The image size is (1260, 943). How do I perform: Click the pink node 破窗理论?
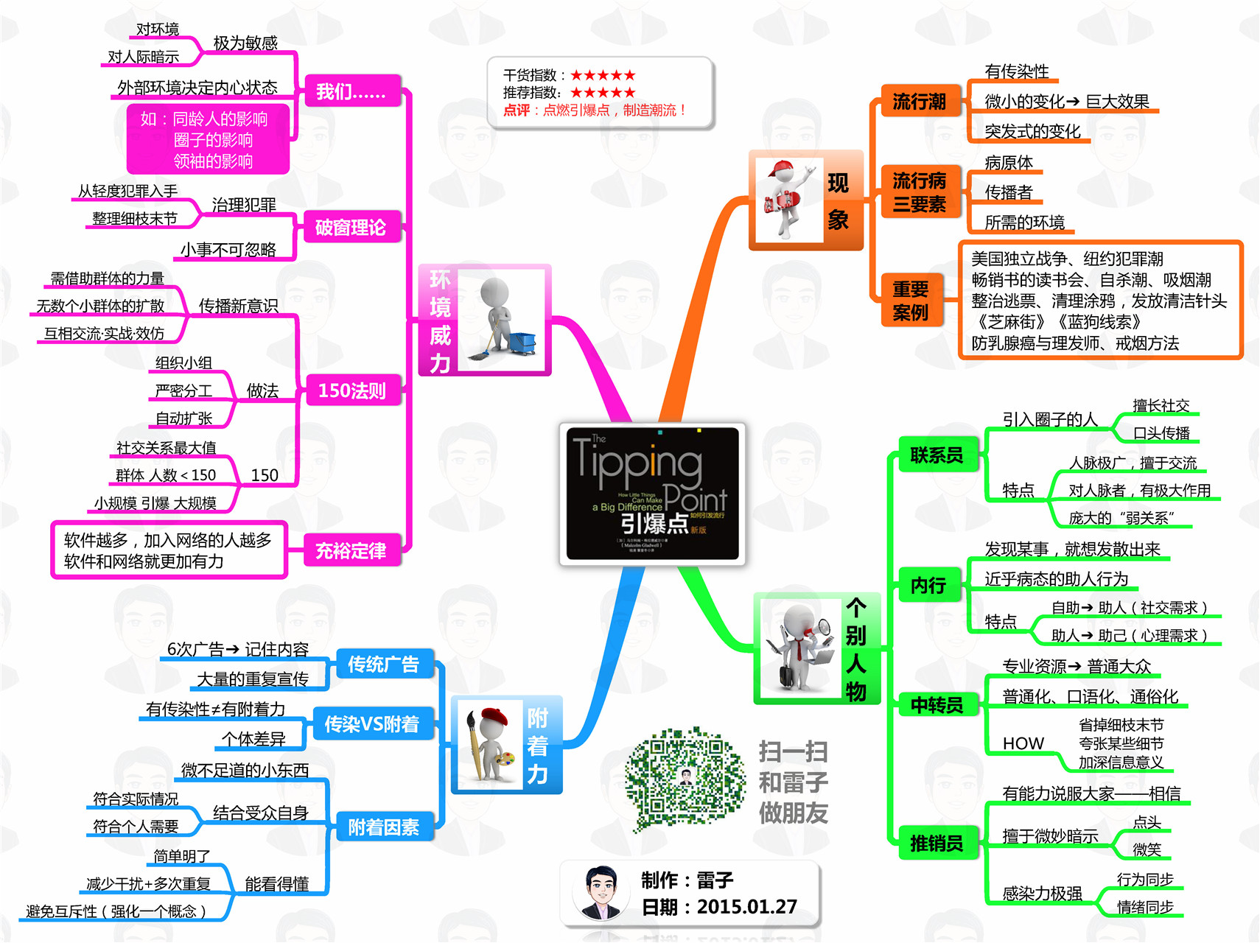tap(351, 227)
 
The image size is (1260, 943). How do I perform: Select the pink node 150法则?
tap(351, 390)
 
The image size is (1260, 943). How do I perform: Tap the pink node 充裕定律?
tap(351, 550)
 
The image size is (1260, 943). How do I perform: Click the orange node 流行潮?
tap(919, 101)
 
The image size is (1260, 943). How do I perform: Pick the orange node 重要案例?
tap(911, 301)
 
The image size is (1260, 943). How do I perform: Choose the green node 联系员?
tap(937, 455)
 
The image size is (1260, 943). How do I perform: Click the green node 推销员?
tap(937, 843)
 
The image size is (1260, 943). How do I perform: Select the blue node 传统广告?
tap(383, 665)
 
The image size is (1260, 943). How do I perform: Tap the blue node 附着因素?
tap(383, 827)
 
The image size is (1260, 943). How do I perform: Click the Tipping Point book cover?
tap(652, 494)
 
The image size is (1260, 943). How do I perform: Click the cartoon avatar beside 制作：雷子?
tap(601, 892)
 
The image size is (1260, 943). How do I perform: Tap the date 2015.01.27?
tap(746, 907)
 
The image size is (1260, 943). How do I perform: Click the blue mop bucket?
tap(522, 343)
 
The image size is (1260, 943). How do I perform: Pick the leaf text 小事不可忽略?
tap(228, 250)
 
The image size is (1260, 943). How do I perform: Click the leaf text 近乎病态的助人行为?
tap(1056, 579)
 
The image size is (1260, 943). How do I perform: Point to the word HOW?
tap(1023, 743)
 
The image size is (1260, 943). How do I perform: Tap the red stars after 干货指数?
tap(602, 75)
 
